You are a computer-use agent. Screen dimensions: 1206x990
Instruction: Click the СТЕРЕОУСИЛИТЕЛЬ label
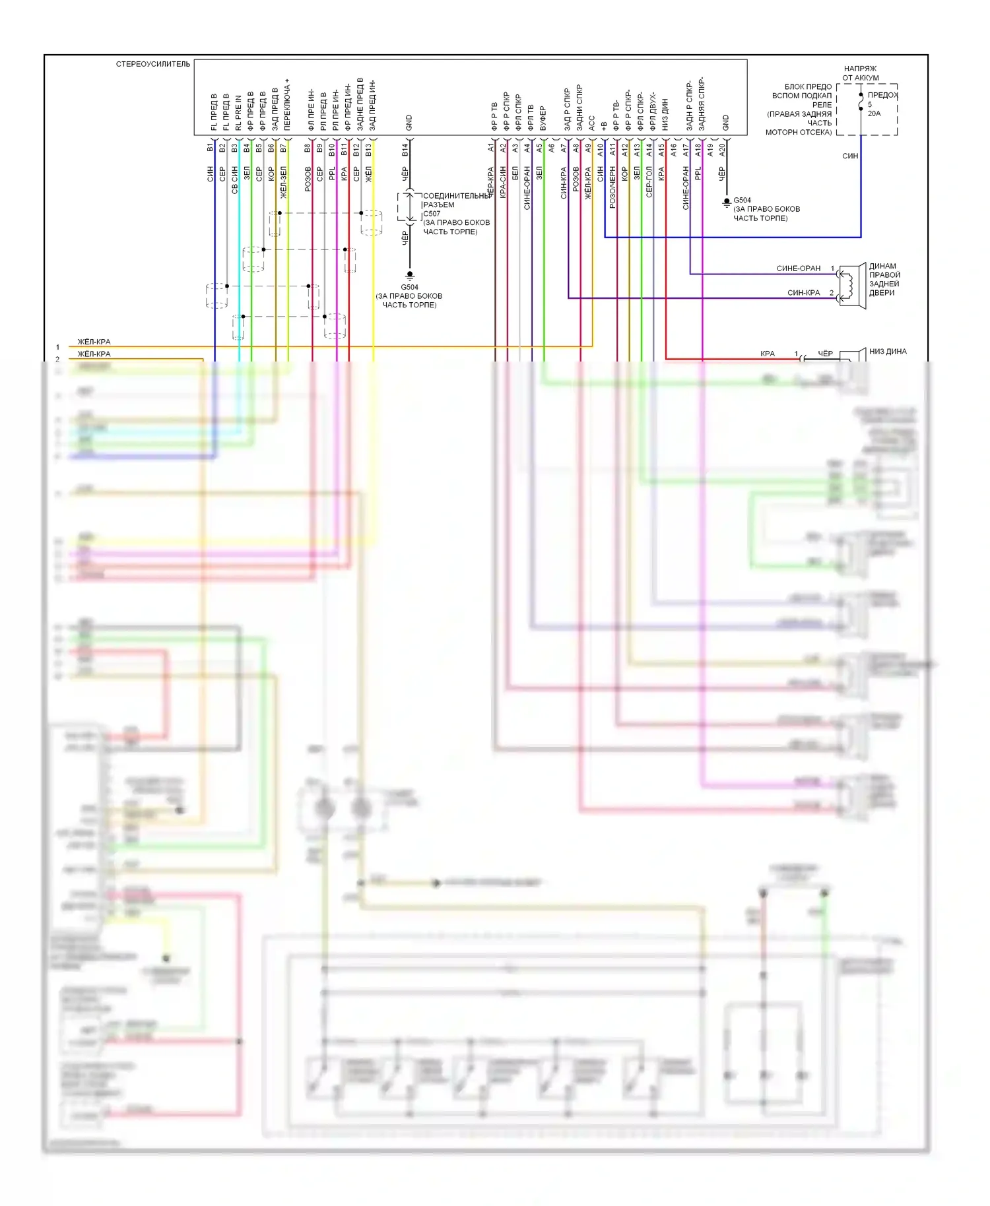click(153, 64)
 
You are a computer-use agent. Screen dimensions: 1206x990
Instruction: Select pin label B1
click(210, 147)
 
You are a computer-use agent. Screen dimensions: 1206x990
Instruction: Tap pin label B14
click(405, 150)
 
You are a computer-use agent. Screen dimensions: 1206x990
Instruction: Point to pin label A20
click(722, 150)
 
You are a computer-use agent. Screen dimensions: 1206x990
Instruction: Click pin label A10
click(600, 150)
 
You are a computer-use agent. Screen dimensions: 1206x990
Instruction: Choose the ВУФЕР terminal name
click(543, 118)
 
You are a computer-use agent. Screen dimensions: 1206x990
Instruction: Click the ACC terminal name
click(591, 123)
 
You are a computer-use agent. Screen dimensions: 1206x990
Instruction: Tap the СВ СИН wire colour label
click(234, 179)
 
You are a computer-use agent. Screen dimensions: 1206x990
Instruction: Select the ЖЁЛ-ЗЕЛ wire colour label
click(283, 183)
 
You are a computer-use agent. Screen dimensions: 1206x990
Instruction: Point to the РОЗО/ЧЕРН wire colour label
click(612, 187)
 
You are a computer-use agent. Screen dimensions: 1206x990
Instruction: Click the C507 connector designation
click(432, 214)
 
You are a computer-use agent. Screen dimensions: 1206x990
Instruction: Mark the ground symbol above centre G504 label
click(410, 275)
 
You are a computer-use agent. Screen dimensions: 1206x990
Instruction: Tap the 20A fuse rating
click(874, 113)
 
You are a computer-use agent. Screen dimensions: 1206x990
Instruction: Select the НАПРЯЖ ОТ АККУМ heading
click(860, 73)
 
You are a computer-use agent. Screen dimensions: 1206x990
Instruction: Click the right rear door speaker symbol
click(853, 284)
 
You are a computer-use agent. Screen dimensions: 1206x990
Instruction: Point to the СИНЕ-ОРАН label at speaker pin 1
click(798, 269)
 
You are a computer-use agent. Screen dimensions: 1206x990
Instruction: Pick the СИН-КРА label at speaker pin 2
click(803, 293)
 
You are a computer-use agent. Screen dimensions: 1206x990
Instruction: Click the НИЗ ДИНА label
click(888, 352)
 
